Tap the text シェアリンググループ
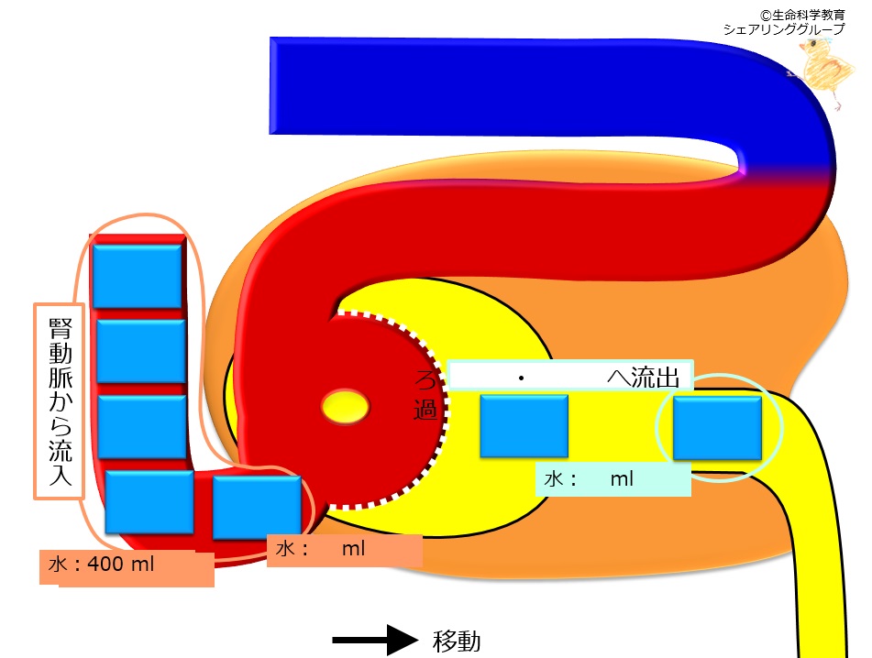click(784, 29)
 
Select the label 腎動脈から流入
click(59, 400)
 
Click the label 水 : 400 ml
click(101, 565)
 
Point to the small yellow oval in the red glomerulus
click(346, 407)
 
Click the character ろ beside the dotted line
click(425, 380)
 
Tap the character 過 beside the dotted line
click(425, 410)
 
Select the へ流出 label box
click(570, 377)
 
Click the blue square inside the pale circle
click(717, 428)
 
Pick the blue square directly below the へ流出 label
click(524, 426)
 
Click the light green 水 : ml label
click(613, 479)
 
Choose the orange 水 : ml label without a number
click(344, 550)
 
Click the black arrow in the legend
click(375, 641)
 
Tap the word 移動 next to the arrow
click(457, 642)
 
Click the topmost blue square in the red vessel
click(138, 276)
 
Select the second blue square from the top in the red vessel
click(141, 351)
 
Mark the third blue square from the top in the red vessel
click(142, 427)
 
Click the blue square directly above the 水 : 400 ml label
click(149, 502)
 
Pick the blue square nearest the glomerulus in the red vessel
click(257, 508)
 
